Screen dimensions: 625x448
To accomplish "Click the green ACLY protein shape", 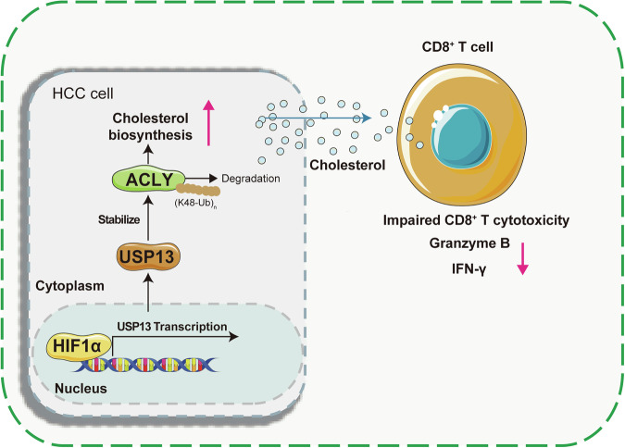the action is (x=149, y=180).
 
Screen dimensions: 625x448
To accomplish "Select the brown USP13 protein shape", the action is (x=148, y=256).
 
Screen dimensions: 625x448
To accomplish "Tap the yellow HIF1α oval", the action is (x=79, y=346).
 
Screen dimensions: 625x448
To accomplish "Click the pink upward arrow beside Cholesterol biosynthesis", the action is (x=208, y=122).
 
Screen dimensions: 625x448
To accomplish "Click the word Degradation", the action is (x=251, y=179).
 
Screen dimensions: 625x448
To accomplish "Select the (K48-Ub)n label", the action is (x=195, y=203).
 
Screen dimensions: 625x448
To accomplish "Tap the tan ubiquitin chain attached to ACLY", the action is (x=198, y=190).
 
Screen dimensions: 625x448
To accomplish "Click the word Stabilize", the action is (x=119, y=219).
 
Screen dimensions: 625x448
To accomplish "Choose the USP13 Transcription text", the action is (x=172, y=327).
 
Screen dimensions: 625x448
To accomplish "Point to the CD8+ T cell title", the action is (x=457, y=46).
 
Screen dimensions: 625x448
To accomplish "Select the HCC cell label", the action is (x=83, y=93).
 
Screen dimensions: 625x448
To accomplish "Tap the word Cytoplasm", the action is (x=69, y=286).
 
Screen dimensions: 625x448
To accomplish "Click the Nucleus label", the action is (x=81, y=388).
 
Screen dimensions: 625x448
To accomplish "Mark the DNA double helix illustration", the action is (x=144, y=365).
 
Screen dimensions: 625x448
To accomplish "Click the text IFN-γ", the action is (x=469, y=269).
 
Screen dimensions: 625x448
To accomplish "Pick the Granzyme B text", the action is (x=469, y=243).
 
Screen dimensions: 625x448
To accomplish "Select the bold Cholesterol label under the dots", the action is (x=347, y=165).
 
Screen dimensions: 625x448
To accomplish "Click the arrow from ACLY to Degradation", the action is (x=201, y=178).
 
